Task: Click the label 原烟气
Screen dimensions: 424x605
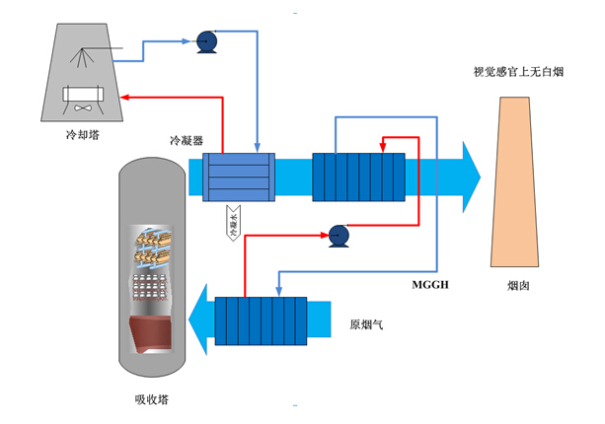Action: [366, 323]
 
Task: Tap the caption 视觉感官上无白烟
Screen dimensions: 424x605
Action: [519, 72]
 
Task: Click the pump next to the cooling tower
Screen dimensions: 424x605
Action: [207, 40]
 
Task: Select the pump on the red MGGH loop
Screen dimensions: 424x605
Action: [338, 235]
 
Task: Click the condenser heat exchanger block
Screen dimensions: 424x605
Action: [237, 177]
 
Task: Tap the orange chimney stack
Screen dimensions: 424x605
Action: [518, 182]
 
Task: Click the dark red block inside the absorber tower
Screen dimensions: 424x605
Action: [152, 335]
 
